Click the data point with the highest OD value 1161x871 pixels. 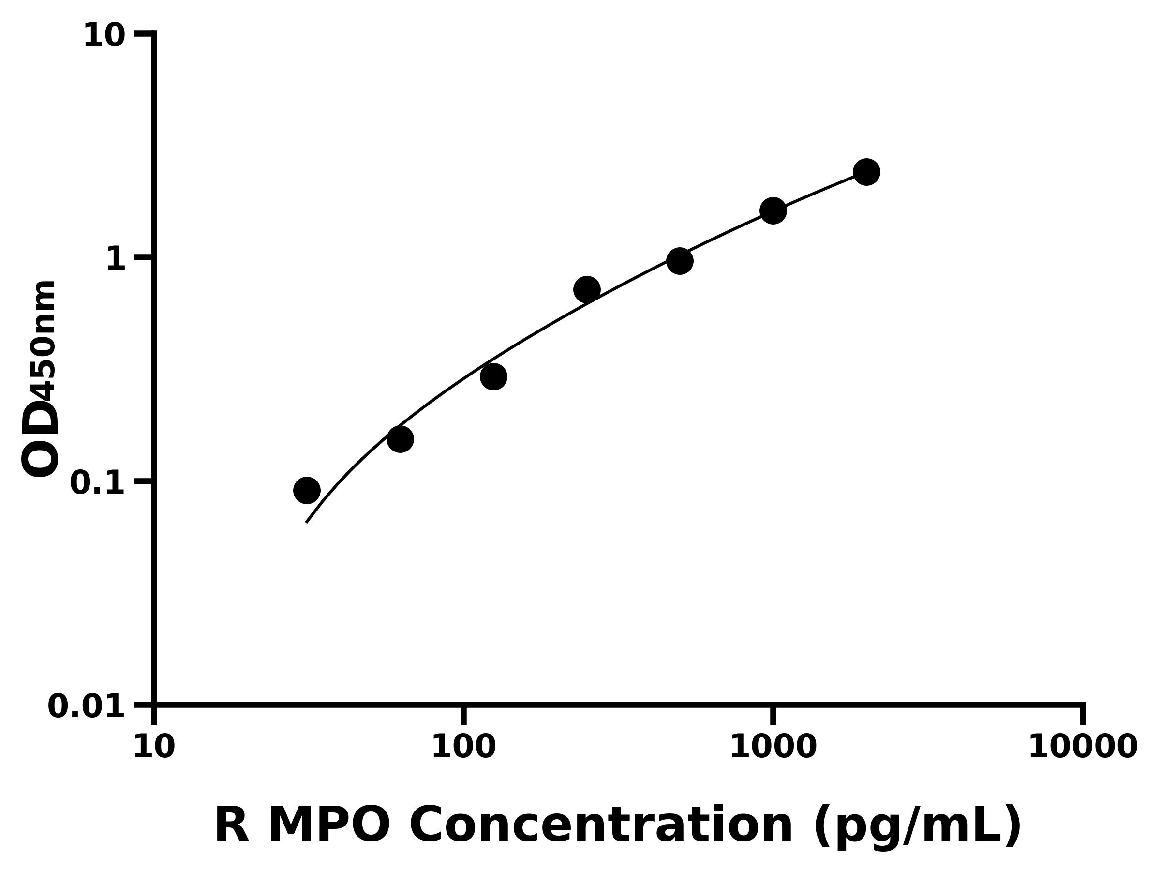866,172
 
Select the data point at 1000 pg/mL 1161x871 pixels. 773,210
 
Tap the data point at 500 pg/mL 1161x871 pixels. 680,261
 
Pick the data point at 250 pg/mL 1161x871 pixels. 587,289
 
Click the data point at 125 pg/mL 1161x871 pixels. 493,376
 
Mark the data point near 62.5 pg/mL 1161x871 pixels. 400,439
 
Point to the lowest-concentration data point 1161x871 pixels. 307,490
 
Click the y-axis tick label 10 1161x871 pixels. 104,36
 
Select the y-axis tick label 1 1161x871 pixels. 116,259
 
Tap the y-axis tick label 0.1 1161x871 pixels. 98,483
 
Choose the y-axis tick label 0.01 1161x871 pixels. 86,706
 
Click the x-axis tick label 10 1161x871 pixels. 154,747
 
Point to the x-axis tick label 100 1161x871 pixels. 463,747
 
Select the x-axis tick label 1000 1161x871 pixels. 773,747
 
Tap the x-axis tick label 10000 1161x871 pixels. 1082,747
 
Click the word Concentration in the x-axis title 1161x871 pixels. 601,826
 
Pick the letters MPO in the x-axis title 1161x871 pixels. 329,826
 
